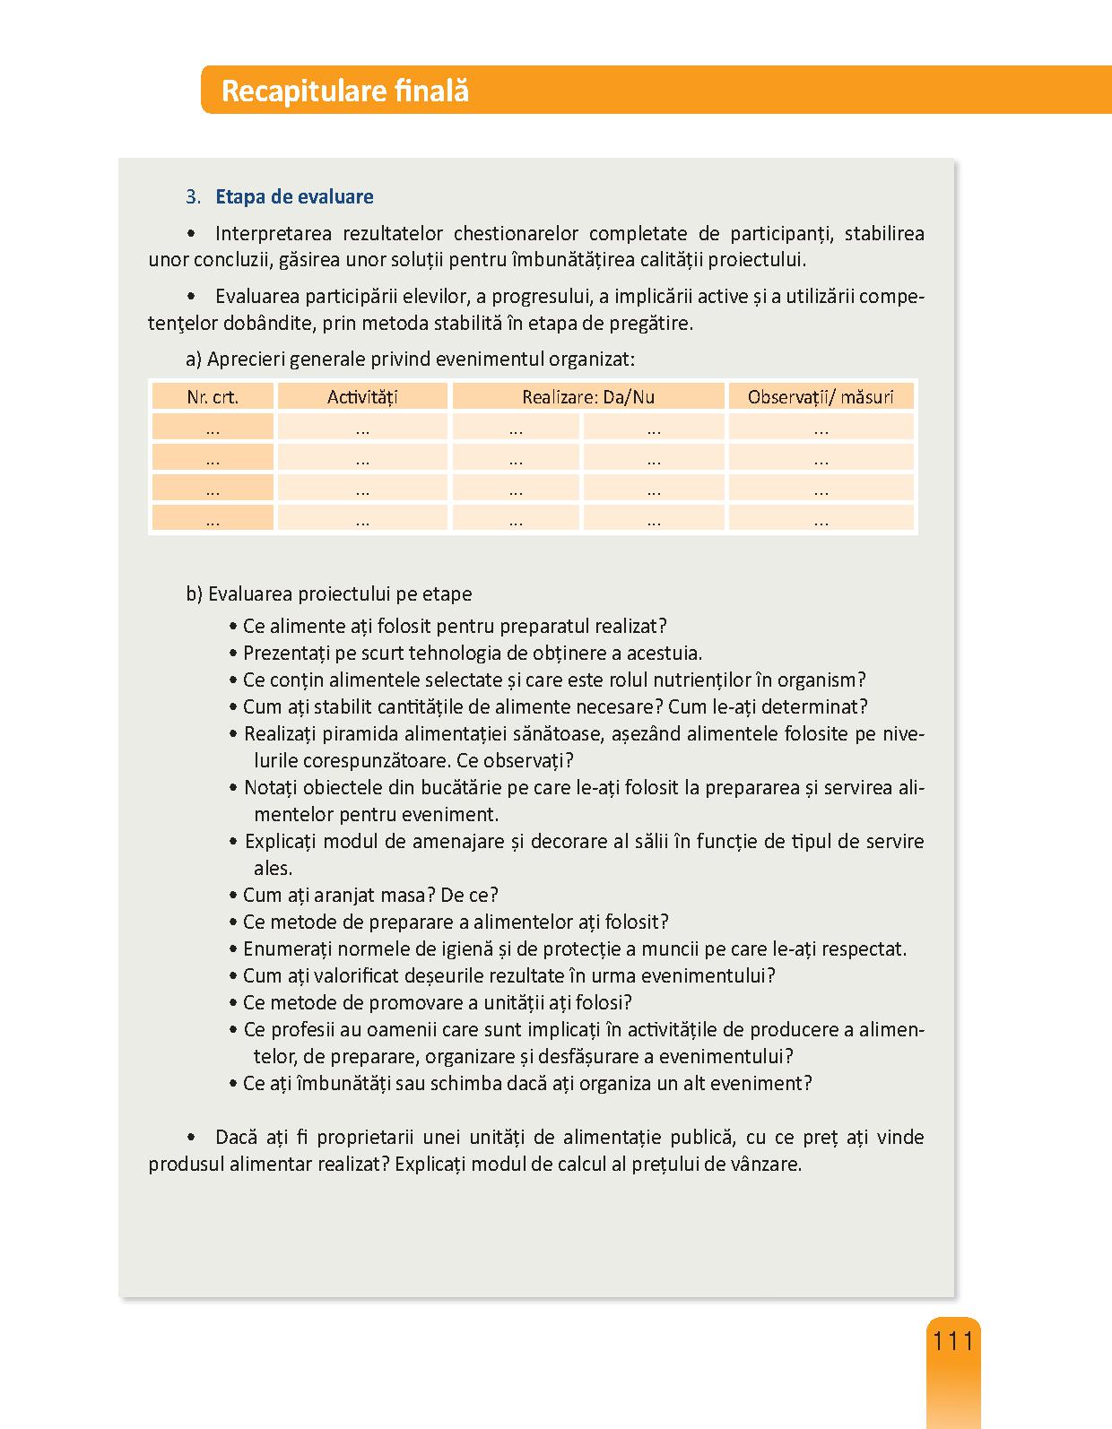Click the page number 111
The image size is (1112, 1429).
pyautogui.click(x=952, y=1341)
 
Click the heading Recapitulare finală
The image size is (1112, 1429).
pyautogui.click(x=344, y=91)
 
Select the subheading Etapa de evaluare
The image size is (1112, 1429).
pyautogui.click(x=294, y=197)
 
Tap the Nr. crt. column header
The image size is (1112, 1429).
pyautogui.click(x=213, y=397)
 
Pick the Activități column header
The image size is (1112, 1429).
pyautogui.click(x=362, y=397)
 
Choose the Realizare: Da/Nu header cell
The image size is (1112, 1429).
pyautogui.click(x=588, y=397)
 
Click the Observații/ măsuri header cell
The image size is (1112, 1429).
pyautogui.click(x=821, y=397)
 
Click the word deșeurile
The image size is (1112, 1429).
pyautogui.click(x=399, y=975)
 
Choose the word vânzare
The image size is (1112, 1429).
pyautogui.click(x=766, y=1165)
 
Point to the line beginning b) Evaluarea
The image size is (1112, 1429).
pyautogui.click(x=328, y=594)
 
